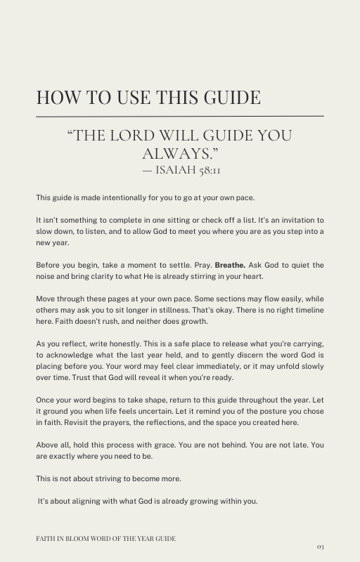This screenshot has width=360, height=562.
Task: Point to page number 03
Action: pos(320,546)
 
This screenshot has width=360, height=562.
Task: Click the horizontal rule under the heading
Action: pos(180,115)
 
